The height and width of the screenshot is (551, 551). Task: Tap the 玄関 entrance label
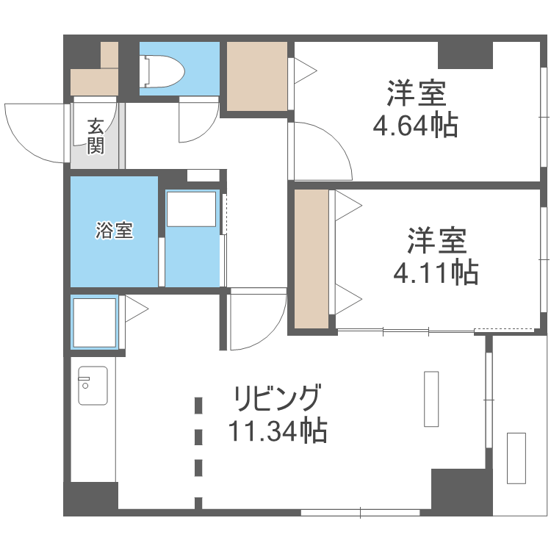pos(96,136)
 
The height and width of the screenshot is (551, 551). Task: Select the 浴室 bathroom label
pos(114,230)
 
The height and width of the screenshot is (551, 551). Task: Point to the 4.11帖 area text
pos(436,273)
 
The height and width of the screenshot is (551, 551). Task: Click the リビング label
pos(277,398)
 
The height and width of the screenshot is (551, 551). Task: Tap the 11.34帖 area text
pos(277,431)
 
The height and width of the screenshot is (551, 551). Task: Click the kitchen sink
pos(93,385)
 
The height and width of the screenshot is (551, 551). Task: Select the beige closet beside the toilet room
pos(256,76)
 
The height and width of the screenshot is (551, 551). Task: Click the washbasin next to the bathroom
pos(191,210)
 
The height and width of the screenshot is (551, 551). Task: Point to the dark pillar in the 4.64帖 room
pos(465,55)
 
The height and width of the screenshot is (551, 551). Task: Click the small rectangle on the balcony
pos(516,458)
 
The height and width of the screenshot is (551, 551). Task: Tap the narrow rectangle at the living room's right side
pos(431,399)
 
